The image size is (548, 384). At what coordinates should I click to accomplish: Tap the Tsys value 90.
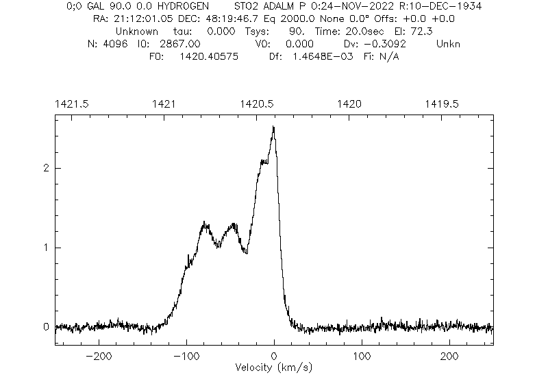pyautogui.click(x=297, y=32)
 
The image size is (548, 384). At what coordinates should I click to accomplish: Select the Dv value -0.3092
pyautogui.click(x=390, y=44)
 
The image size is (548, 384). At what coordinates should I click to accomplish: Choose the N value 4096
pyautogui.click(x=114, y=44)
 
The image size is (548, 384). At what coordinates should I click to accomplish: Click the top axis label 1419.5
pyautogui.click(x=442, y=104)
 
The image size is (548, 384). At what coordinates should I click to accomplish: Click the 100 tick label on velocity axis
pyautogui.click(x=362, y=357)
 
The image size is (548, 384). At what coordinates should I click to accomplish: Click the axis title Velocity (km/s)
pyautogui.click(x=274, y=368)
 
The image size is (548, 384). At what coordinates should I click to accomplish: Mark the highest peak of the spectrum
pyautogui.click(x=273, y=127)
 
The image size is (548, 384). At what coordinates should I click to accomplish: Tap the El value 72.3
pyautogui.click(x=443, y=32)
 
